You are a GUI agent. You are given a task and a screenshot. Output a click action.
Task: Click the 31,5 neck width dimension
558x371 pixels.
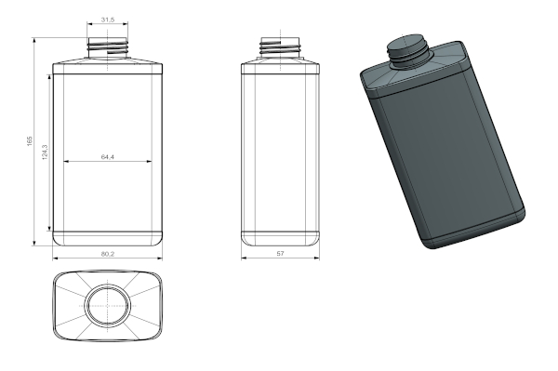pyautogui.click(x=108, y=20)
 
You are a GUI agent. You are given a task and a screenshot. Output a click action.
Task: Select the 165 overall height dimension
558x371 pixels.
pyautogui.click(x=30, y=140)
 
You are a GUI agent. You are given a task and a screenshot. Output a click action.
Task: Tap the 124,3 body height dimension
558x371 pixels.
pyautogui.click(x=45, y=152)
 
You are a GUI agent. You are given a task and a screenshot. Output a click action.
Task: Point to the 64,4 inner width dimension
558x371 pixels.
pyautogui.click(x=108, y=156)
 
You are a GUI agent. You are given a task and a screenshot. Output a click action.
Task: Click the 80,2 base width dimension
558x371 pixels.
pyautogui.click(x=108, y=254)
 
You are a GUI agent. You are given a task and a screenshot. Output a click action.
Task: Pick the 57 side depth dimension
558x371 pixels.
pyautogui.click(x=281, y=253)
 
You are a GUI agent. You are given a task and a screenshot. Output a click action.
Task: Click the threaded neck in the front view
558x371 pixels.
pyautogui.click(x=108, y=46)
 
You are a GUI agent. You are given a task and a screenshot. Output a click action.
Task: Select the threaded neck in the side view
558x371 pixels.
pyautogui.click(x=281, y=46)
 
